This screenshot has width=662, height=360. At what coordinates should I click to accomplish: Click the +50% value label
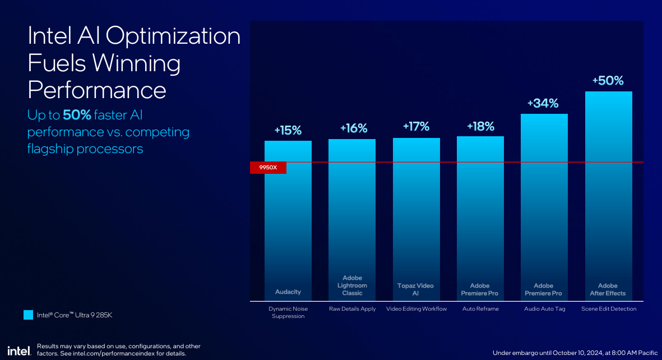(x=608, y=81)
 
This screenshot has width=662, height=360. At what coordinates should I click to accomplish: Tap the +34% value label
(x=543, y=104)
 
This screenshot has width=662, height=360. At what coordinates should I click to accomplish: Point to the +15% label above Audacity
(x=288, y=130)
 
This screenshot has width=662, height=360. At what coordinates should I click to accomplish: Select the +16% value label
(x=354, y=128)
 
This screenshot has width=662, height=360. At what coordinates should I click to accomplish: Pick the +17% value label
(x=416, y=126)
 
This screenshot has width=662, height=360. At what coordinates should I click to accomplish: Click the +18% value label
(x=480, y=126)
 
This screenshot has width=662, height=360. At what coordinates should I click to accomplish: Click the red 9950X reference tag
(x=268, y=168)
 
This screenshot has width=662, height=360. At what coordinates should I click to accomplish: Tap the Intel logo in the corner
(x=19, y=350)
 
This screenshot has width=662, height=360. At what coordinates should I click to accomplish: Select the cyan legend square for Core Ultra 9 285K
(x=28, y=315)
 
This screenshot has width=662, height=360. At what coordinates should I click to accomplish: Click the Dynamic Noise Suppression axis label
(x=288, y=312)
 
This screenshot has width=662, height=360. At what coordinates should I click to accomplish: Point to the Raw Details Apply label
(x=352, y=309)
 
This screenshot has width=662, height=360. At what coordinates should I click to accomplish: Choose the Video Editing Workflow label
(x=416, y=309)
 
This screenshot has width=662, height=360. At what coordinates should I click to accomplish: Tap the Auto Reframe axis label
(x=480, y=309)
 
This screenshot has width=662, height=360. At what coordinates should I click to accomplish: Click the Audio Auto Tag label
(x=545, y=309)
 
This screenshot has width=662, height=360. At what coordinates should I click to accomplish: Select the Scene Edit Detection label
(x=609, y=309)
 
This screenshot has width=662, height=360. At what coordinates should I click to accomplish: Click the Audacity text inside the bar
(x=288, y=292)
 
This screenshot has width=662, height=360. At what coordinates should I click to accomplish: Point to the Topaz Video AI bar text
(x=415, y=289)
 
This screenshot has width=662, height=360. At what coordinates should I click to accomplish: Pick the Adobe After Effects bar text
(x=608, y=289)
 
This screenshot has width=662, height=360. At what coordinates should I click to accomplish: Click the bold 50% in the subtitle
(x=77, y=115)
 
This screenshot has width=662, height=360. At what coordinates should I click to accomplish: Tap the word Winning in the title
(x=136, y=63)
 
